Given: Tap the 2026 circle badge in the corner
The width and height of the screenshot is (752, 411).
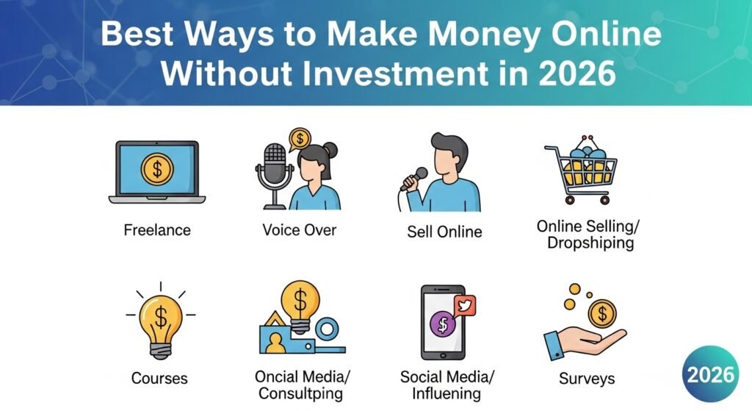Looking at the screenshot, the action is pos(710,374).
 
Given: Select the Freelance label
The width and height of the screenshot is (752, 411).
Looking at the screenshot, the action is pos(157,230).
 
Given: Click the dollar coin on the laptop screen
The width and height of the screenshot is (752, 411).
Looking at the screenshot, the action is pos(157,168).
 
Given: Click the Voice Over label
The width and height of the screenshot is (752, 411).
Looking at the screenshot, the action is pos(300,230).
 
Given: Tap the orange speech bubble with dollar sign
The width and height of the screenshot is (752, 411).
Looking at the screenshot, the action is pos(300,140).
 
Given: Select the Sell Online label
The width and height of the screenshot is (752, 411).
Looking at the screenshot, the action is pos(444,232).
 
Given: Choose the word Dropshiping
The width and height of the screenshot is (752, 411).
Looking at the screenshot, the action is pos(590,243).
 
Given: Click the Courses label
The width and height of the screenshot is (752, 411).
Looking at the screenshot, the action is pos(159,379).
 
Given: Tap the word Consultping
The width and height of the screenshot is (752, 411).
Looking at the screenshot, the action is pos(300,393).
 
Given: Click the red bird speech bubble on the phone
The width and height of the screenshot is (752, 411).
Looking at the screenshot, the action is pos(465,306).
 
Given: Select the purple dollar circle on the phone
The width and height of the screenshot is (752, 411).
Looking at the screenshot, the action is pos(443,324).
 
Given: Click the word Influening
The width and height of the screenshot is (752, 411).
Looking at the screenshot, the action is pos(446,393).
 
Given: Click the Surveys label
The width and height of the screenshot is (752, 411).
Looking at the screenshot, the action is pos(587,379).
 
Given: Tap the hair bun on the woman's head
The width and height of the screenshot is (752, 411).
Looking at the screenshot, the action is pos(330,150).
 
